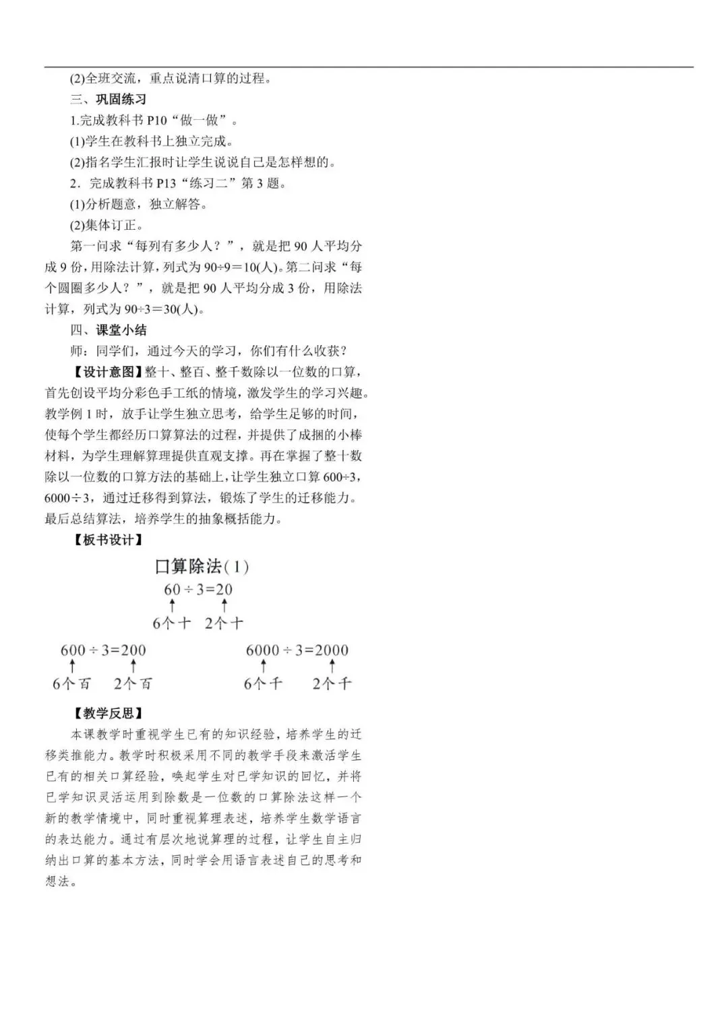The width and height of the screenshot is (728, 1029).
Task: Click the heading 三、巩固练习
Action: pyautogui.click(x=108, y=100)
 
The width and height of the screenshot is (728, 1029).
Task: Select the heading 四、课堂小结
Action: pyautogui.click(x=108, y=330)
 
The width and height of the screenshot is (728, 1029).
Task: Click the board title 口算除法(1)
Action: pyautogui.click(x=202, y=567)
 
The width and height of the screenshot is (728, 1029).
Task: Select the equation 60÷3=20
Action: pyautogui.click(x=198, y=590)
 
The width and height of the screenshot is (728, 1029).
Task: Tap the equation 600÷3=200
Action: pyautogui.click(x=103, y=650)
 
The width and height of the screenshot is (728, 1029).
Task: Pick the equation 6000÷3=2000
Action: pyautogui.click(x=297, y=650)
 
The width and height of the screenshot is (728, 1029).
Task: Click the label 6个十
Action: pyautogui.click(x=171, y=623)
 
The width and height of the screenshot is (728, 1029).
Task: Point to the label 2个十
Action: pyautogui.click(x=224, y=623)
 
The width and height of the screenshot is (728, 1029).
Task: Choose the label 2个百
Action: pyautogui.click(x=133, y=684)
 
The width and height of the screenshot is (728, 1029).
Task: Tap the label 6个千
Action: pyautogui.click(x=263, y=684)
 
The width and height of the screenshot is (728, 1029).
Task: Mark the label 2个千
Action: pyautogui.click(x=332, y=684)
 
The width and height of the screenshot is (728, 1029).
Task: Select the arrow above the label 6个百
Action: pyautogui.click(x=72, y=666)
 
